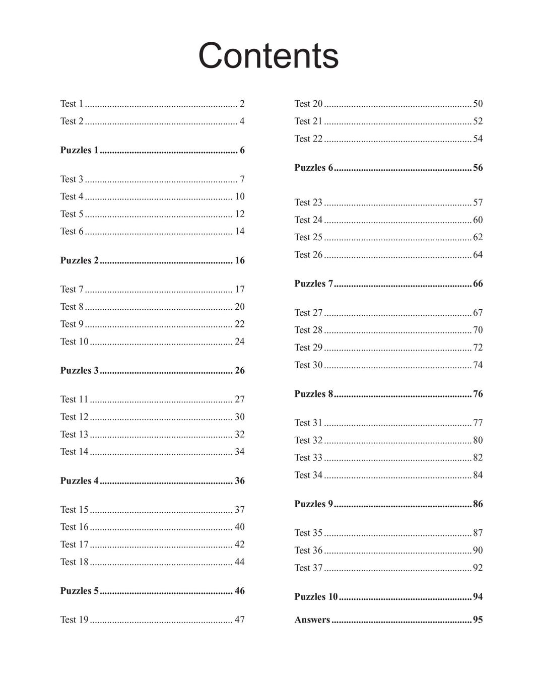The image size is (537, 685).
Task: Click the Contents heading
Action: point(268,55)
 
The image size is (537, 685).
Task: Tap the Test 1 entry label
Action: point(72,104)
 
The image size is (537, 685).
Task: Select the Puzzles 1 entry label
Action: point(79,150)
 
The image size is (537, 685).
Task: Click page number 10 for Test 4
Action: point(240,196)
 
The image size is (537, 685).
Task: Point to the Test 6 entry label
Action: point(72,231)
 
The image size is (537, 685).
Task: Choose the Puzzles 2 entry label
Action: point(79,260)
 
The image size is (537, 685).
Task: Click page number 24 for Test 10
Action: point(240,341)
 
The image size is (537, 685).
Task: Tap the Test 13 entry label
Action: point(74,434)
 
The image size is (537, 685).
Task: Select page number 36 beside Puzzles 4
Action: point(240,481)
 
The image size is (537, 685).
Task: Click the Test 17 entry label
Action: point(74,544)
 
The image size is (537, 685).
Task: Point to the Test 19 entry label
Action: point(74,620)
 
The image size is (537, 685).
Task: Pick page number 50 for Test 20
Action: point(478,104)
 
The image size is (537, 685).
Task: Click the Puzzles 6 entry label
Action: point(313,168)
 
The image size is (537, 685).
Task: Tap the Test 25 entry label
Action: point(308,237)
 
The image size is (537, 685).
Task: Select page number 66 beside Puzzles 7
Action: point(478,284)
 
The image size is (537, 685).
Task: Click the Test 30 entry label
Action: point(308,365)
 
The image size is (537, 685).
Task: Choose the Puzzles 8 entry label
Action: point(313,394)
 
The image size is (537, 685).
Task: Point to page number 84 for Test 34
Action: point(478,475)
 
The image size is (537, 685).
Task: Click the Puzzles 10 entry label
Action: point(316,597)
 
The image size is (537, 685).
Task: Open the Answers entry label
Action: point(312,620)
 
